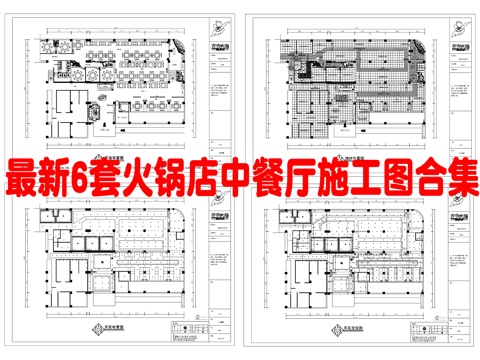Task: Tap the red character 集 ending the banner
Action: pyautogui.click(x=462, y=181)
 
